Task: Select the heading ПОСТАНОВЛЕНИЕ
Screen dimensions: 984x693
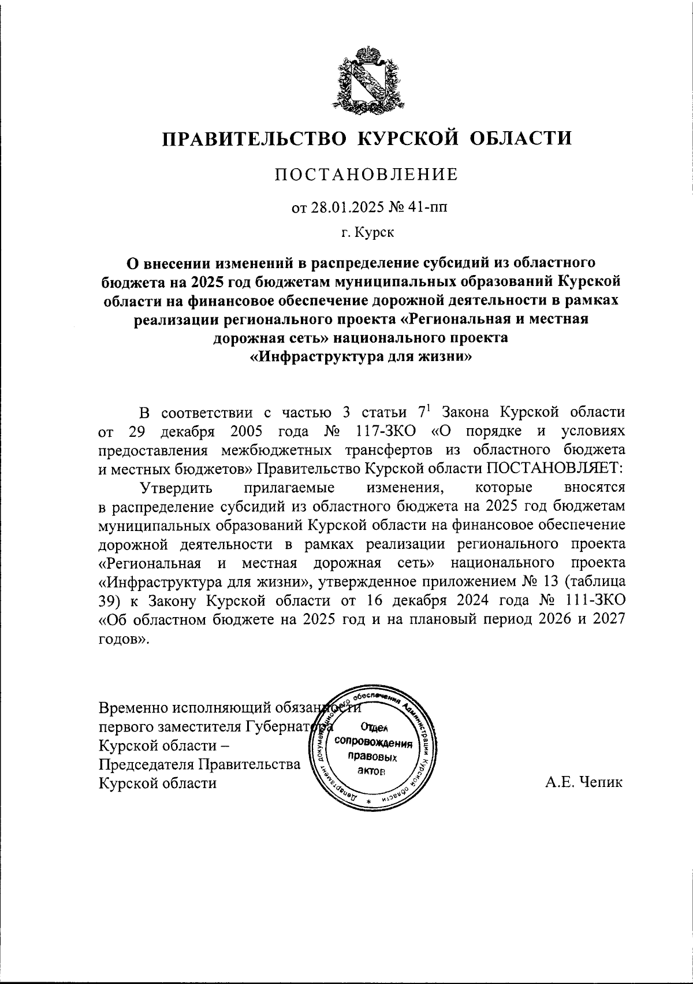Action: coord(367,174)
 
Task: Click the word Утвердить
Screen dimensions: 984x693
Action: coord(177,488)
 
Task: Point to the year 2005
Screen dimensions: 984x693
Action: coord(247,431)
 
